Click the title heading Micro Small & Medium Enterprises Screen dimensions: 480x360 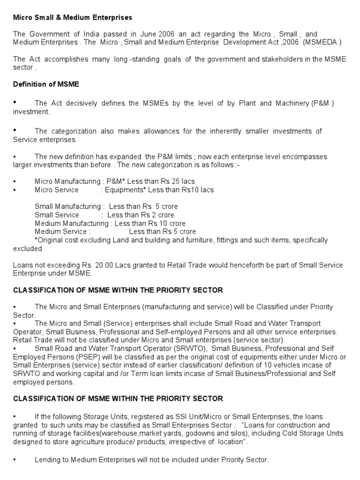pos(72,17)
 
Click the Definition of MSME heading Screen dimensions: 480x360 pos(46,84)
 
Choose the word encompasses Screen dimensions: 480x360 pos(305,157)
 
